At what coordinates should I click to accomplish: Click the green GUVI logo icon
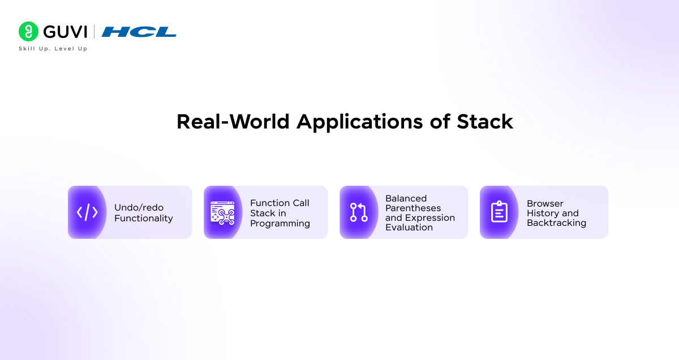point(28,32)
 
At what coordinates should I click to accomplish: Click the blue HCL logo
point(139,32)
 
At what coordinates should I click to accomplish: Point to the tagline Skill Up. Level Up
point(53,49)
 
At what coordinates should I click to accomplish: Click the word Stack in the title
point(485,122)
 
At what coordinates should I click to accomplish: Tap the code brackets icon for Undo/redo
point(87,212)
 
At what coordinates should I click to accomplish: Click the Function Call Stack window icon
point(222,212)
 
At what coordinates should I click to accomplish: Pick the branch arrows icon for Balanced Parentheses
point(359,212)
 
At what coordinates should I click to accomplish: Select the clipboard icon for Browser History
point(499,212)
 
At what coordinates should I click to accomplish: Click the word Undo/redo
point(139,208)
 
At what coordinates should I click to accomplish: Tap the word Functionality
point(144,218)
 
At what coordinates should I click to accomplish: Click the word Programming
point(280,224)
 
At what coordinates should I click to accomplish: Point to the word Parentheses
point(413,208)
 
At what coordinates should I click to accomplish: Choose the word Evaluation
point(409,228)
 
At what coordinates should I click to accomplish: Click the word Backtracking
point(556,223)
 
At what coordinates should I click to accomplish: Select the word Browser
point(545,204)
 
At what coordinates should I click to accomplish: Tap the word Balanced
point(406,199)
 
